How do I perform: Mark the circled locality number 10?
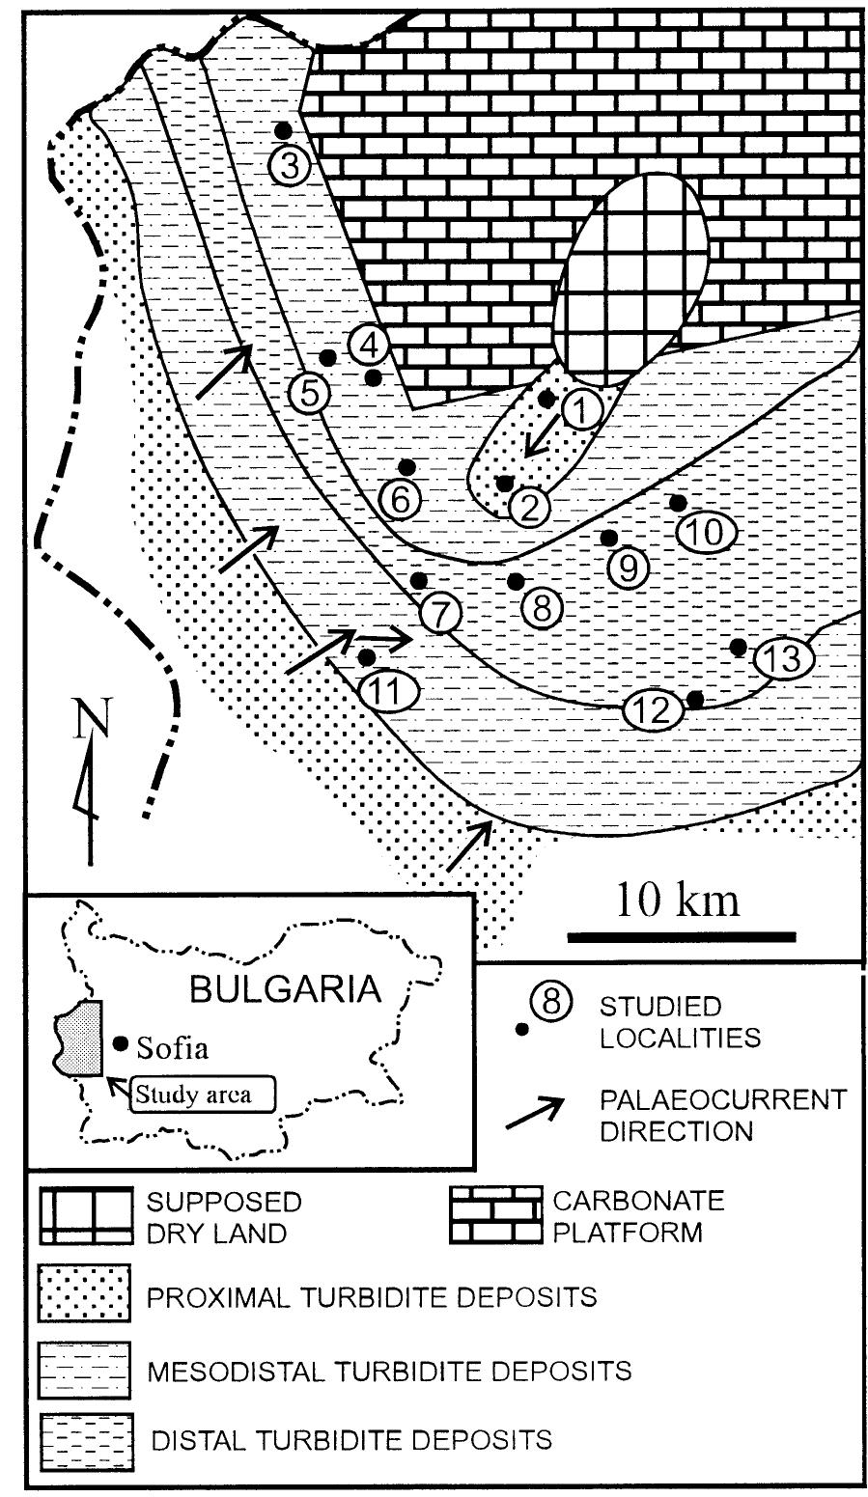click(707, 532)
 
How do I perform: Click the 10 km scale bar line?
click(681, 935)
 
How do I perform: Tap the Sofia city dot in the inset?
click(121, 1042)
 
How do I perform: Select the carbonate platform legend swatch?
click(493, 1214)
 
